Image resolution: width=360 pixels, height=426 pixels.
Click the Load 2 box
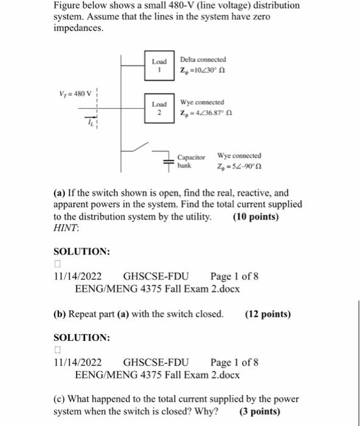pyautogui.click(x=160, y=108)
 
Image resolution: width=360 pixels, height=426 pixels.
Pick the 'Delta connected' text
pyautogui.click(x=203, y=60)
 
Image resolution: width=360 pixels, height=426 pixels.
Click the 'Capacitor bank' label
pyautogui.click(x=191, y=160)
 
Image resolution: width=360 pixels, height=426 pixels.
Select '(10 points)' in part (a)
pyautogui.click(x=256, y=216)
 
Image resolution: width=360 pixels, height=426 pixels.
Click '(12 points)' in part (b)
pyautogui.click(x=268, y=314)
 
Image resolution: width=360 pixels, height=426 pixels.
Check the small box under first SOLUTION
pyautogui.click(x=57, y=264)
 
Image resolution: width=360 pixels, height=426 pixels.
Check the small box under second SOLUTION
pyautogui.click(x=57, y=350)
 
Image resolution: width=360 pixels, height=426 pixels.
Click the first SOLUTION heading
pyautogui.click(x=81, y=251)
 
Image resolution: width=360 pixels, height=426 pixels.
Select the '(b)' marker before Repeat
pyautogui.click(x=60, y=314)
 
